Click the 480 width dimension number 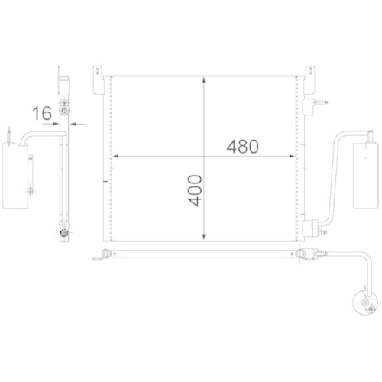click(x=243, y=145)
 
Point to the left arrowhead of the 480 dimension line click(x=117, y=157)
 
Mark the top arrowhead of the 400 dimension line click(x=204, y=80)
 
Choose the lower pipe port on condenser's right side click(x=311, y=226)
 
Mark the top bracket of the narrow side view click(x=64, y=82)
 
